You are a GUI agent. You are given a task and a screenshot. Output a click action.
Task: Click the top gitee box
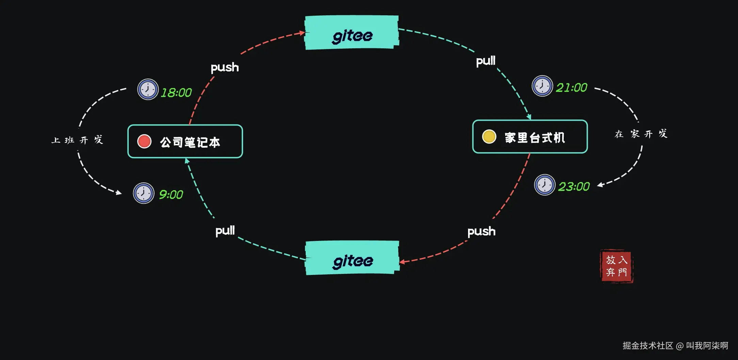352,33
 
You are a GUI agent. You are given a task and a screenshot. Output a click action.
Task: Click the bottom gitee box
352,258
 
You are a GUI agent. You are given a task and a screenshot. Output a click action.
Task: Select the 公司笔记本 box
185,141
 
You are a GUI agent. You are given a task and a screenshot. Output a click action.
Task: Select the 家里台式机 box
530,136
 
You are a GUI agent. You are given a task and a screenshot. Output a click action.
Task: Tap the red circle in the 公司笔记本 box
144,141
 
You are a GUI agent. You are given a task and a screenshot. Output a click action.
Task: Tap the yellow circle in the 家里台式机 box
489,136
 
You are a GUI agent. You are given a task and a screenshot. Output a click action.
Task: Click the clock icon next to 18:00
148,89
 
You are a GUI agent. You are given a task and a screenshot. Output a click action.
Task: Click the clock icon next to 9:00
143,193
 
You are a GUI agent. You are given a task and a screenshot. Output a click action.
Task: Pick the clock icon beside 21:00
542,86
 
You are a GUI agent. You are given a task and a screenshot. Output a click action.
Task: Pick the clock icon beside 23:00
545,185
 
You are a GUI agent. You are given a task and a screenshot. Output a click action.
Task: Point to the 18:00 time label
176,93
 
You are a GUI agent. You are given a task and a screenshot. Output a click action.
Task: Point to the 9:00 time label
171,195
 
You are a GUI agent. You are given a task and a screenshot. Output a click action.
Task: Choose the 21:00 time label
572,88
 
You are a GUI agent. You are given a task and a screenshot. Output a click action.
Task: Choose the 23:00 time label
574,186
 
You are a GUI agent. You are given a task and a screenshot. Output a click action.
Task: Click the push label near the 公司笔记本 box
225,67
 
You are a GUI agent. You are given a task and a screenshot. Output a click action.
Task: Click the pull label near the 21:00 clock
486,61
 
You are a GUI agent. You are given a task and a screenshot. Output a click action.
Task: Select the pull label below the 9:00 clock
225,231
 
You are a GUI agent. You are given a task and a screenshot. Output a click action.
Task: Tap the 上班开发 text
77,140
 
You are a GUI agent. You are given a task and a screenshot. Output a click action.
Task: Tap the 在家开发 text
641,134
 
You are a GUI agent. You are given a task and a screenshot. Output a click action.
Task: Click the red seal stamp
616,266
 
